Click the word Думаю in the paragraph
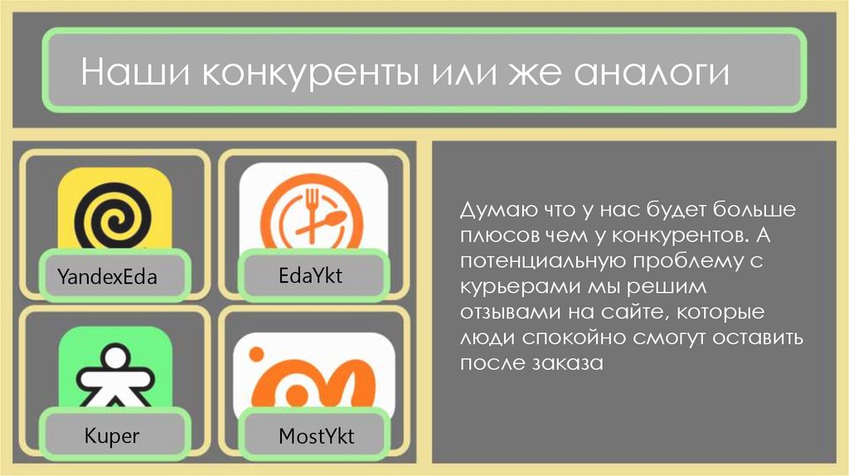pos(494,210)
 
